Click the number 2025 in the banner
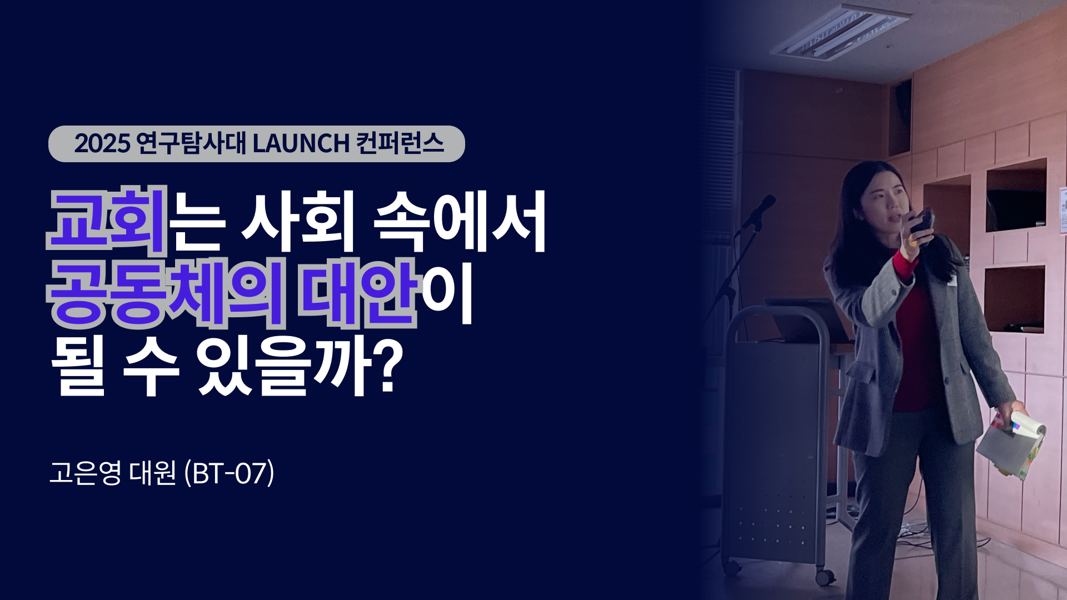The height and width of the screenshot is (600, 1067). pyautogui.click(x=102, y=144)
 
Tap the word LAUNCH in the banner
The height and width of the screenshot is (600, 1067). pyautogui.click(x=301, y=144)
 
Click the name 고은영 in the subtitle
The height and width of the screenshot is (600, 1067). pyautogui.click(x=85, y=473)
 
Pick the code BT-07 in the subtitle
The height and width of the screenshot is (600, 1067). pyautogui.click(x=229, y=474)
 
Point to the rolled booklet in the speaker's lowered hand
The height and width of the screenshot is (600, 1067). pyautogui.click(x=1011, y=444)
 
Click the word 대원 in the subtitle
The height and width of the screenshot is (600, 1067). pyautogui.click(x=152, y=473)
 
